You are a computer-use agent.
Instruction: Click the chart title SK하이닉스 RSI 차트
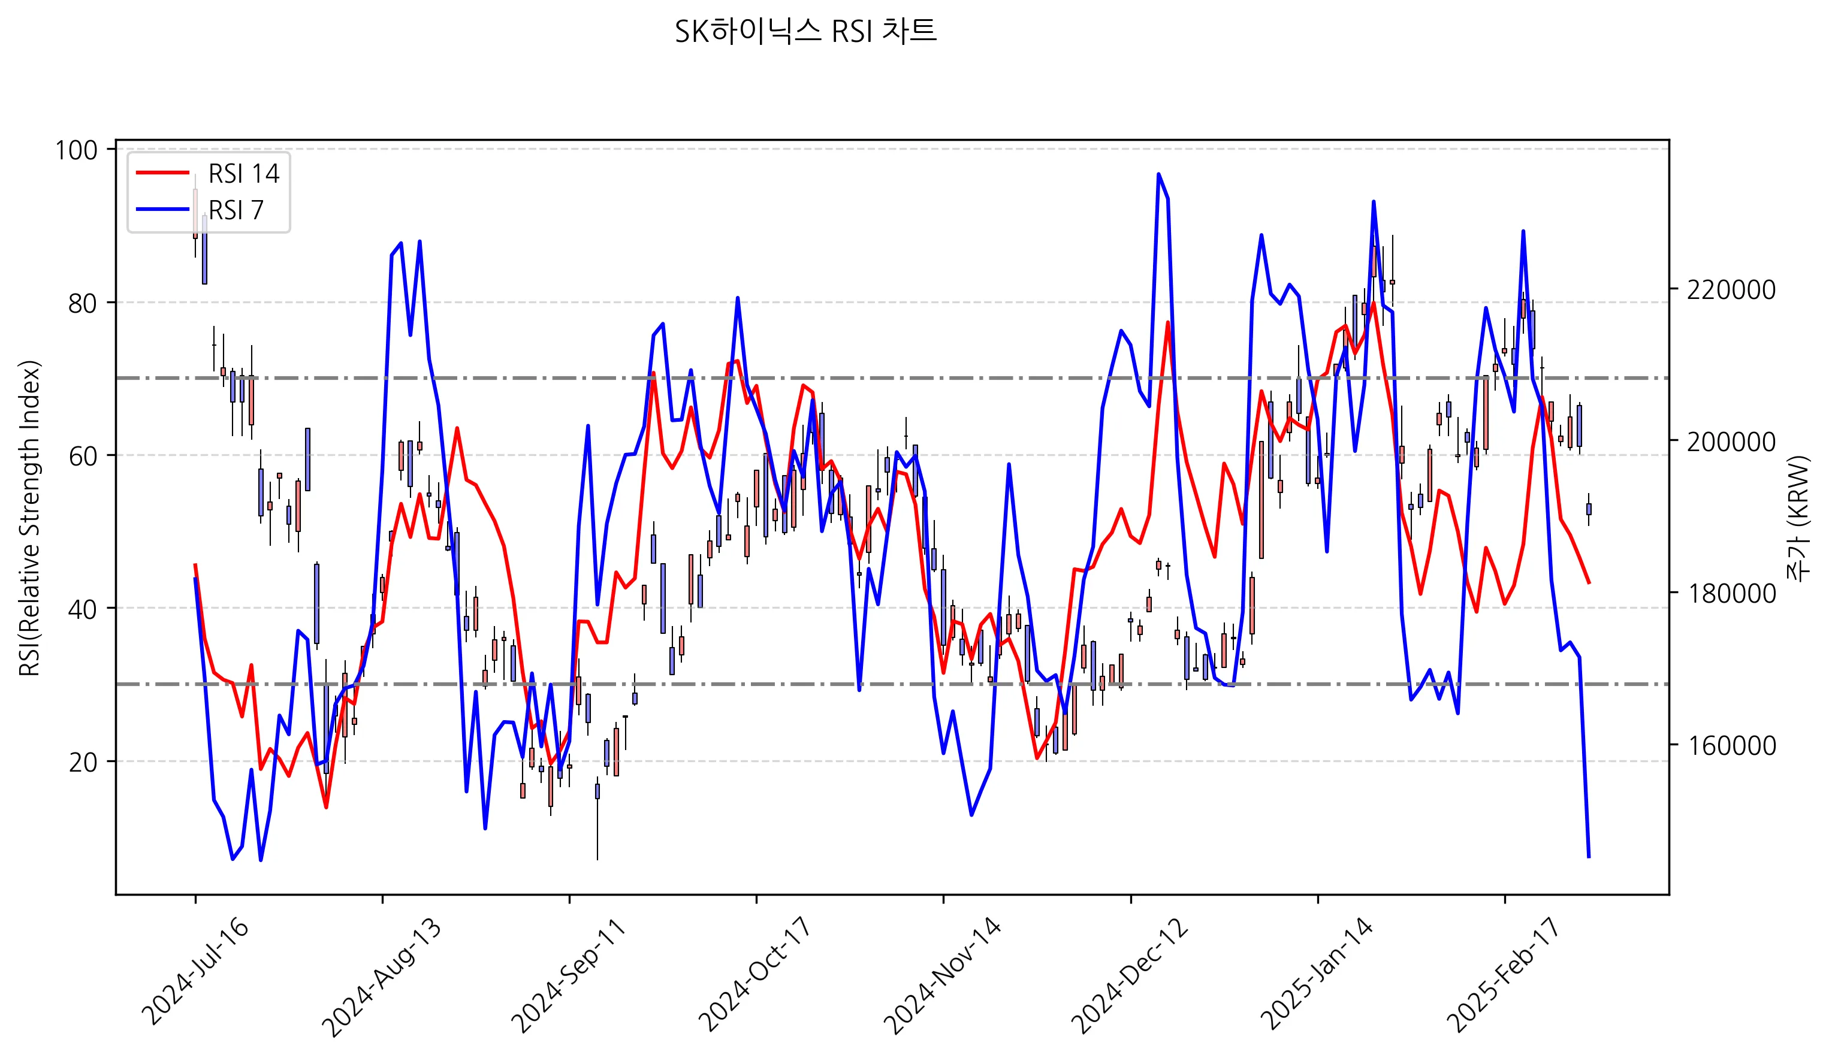coord(805,32)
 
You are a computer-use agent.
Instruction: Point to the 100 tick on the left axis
coord(76,150)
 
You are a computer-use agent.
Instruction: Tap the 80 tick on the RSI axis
coord(82,303)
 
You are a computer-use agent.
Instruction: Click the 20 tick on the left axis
coord(83,762)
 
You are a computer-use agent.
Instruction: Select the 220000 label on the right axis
coord(1731,289)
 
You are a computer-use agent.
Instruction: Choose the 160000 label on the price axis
coord(1731,745)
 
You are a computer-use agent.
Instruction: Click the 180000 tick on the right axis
coord(1731,594)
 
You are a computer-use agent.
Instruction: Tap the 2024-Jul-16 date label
coord(195,973)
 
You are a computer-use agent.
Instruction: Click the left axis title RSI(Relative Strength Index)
coord(30,518)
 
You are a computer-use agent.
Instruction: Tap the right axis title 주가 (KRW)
coord(1798,518)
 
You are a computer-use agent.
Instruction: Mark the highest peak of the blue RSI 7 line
coord(1158,174)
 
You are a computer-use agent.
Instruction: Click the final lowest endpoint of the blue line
coord(1589,857)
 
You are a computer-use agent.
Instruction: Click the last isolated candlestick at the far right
coord(1589,509)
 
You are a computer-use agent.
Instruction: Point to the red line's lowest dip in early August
coord(327,807)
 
